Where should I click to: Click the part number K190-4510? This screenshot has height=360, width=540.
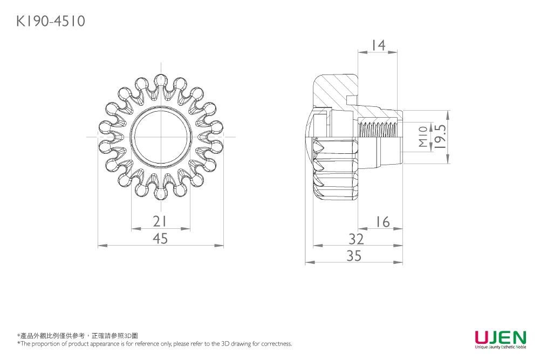point(51,21)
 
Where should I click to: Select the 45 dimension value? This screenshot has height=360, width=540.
point(160,239)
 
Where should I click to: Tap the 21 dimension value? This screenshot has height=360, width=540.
point(160,221)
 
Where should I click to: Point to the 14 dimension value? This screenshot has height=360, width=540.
point(378,45)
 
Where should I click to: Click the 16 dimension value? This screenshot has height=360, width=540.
point(382,222)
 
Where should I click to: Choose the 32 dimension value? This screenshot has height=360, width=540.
point(356,239)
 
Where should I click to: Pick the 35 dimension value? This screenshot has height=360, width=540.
point(354,256)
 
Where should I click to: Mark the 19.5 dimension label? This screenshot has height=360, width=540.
point(441,137)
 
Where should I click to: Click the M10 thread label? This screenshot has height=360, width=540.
point(423,137)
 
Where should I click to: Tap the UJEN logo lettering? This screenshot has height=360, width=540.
point(501,336)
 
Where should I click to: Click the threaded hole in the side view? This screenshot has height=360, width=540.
point(378,130)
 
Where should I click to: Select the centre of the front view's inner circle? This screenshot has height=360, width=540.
point(161,137)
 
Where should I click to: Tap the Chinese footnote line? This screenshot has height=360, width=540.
point(78,336)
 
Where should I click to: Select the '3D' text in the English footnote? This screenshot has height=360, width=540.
point(225,343)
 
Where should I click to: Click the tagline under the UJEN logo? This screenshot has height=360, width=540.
point(501,347)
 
